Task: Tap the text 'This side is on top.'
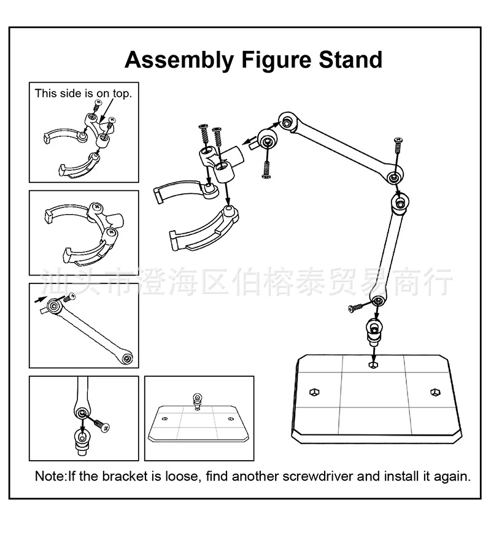pyautogui.click(x=83, y=93)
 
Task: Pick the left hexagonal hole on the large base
pyautogui.click(x=314, y=391)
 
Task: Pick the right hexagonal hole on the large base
pyautogui.click(x=435, y=391)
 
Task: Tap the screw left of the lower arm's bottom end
pyautogui.click(x=355, y=307)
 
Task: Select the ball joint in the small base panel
pyautogui.click(x=197, y=401)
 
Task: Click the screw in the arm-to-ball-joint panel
pyautogui.click(x=100, y=423)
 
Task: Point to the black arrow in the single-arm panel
pyautogui.click(x=40, y=300)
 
